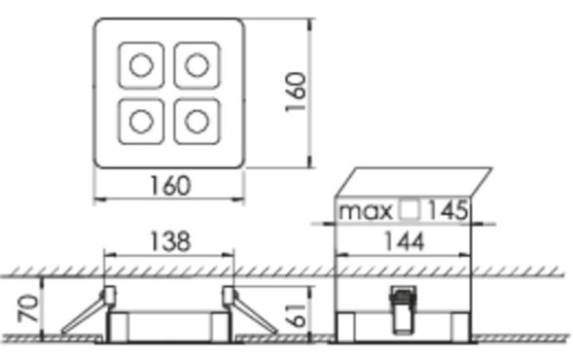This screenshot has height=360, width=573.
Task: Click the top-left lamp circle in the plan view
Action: point(141,65)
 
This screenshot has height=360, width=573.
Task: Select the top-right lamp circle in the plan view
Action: point(197,65)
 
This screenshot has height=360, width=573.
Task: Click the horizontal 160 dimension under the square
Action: point(169,185)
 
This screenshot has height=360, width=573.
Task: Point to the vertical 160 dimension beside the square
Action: point(297,91)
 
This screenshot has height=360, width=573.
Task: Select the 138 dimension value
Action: point(169,240)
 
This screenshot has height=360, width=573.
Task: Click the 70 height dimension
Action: point(29,309)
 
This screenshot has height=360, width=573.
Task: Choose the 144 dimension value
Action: point(402,240)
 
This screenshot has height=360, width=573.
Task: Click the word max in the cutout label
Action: point(366,210)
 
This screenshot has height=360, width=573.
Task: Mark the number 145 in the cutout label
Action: point(448,210)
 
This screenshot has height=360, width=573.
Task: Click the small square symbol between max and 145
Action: point(410,210)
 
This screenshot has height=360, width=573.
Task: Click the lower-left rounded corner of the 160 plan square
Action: point(100,162)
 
